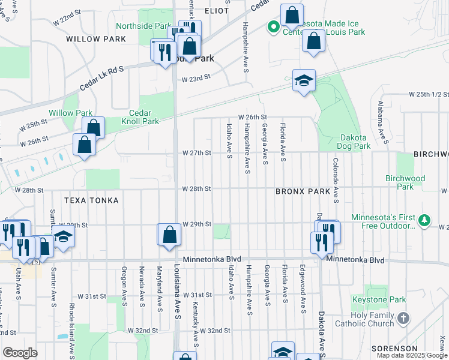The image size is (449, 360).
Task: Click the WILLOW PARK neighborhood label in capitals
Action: click(96, 39)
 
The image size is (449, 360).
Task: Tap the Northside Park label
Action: click(143, 26)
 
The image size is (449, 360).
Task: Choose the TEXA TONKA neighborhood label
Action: click(92, 200)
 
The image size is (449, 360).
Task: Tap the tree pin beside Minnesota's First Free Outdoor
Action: click(424, 220)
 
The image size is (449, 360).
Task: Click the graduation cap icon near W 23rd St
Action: click(304, 81)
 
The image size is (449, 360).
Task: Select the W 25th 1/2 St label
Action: click(429, 95)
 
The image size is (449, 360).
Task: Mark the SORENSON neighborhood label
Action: click(394, 348)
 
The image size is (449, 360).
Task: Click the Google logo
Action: click(20, 353)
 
